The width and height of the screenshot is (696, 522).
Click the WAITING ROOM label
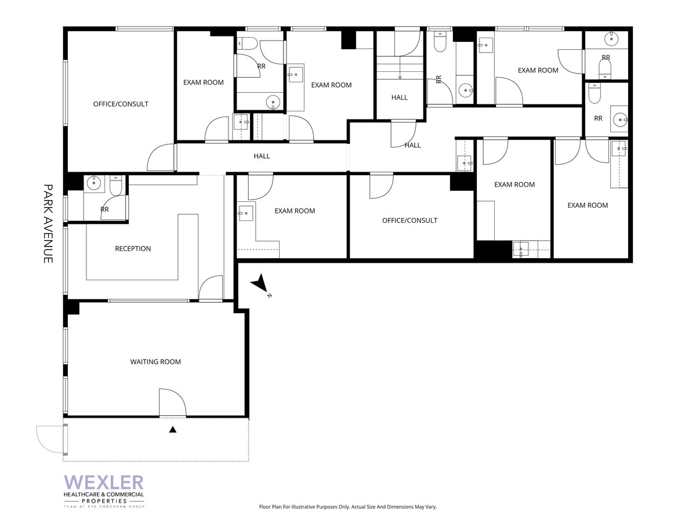coord(155,362)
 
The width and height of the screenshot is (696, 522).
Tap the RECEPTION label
coord(133,249)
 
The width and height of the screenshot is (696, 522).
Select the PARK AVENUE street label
coord(48,224)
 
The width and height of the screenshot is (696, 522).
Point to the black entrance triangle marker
coord(172,430)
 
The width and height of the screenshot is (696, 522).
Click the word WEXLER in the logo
coord(104,483)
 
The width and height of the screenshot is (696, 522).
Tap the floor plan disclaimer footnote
coord(347,507)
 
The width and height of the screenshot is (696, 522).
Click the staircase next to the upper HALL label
coord(400,67)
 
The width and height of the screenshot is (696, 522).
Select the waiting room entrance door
coord(172,404)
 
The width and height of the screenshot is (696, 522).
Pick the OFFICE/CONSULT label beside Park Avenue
coord(121,104)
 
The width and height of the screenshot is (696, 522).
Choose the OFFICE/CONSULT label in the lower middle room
coord(409,220)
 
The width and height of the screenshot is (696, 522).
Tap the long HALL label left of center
coord(262,156)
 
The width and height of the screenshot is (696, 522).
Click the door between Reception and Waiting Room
coord(211,289)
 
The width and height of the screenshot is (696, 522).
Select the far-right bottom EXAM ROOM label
coord(588,205)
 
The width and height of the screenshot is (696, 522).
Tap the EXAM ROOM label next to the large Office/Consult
coord(204,82)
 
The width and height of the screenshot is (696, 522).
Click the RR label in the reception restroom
coord(105,209)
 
